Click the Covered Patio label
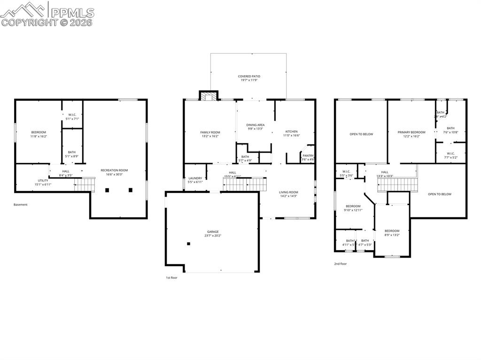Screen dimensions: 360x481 pyautogui.click(x=249, y=76)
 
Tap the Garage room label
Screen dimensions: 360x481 pyautogui.click(x=213, y=231)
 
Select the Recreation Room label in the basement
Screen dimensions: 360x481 pyautogui.click(x=114, y=170)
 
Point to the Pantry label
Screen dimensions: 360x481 pyautogui.click(x=308, y=155)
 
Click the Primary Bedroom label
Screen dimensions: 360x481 pyautogui.click(x=411, y=132)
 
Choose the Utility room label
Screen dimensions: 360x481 pyautogui.click(x=43, y=180)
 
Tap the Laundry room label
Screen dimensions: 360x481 pyautogui.click(x=195, y=178)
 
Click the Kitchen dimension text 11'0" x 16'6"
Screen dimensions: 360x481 pyautogui.click(x=291, y=136)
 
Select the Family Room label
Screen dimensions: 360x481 pyautogui.click(x=210, y=132)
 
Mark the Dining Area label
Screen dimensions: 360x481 pyautogui.click(x=256, y=125)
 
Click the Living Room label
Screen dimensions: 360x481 pyautogui.click(x=288, y=192)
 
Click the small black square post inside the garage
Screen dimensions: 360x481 pyautogui.click(x=188, y=244)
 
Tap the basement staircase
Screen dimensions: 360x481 pyautogui.click(x=85, y=184)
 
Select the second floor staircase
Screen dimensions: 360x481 pyautogui.click(x=397, y=184)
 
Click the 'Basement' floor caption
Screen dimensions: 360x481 pyautogui.click(x=21, y=205)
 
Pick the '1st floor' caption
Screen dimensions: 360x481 pyautogui.click(x=171, y=278)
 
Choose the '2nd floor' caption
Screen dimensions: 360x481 pyautogui.click(x=341, y=264)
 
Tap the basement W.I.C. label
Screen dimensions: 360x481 pyautogui.click(x=72, y=115)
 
